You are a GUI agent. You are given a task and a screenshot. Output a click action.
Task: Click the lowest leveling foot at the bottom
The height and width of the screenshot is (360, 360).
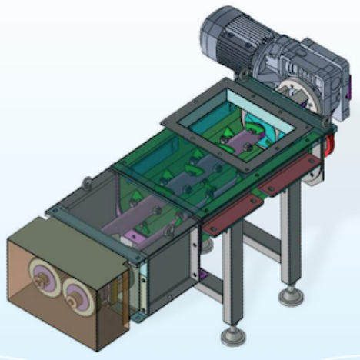pyautogui.click(x=229, y=335)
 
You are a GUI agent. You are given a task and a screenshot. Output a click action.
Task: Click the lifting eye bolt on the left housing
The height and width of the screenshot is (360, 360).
pyautogui.click(x=87, y=182)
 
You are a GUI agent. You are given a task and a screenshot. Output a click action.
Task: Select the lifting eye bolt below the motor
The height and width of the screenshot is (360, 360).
pyautogui.click(x=243, y=75)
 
